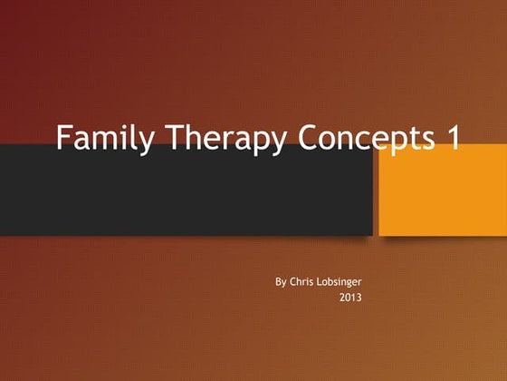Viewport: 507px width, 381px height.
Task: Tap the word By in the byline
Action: click(x=281, y=282)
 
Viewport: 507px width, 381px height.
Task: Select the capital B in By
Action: click(x=278, y=282)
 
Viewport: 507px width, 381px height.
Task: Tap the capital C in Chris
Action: click(x=293, y=282)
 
